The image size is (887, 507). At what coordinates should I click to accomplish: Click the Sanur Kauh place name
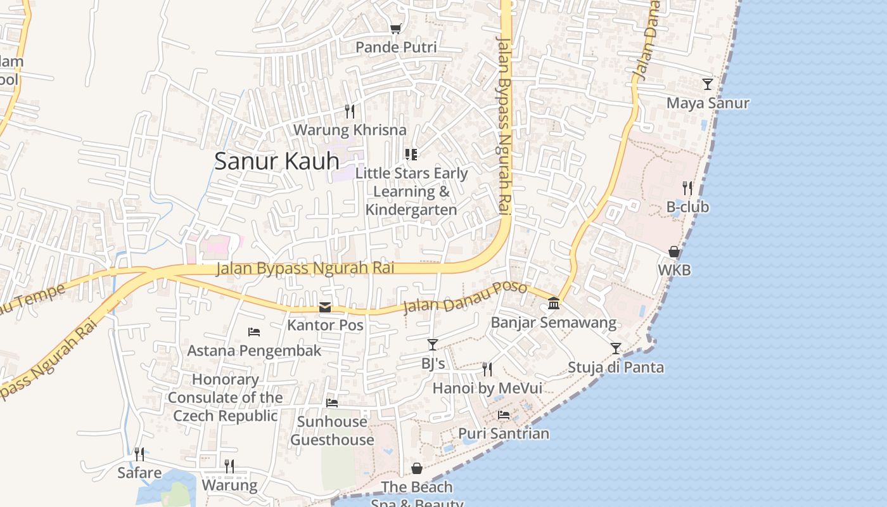coord(277,161)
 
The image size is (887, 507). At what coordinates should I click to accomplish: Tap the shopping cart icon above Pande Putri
coord(396,29)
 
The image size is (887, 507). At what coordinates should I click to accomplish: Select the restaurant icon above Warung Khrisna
coord(350,112)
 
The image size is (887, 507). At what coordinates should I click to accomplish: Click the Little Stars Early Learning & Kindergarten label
coord(411,191)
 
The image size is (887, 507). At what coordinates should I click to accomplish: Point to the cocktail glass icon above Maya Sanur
coord(708,84)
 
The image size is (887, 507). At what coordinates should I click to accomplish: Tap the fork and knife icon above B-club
coord(687,188)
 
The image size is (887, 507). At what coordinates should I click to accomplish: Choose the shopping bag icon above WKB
coord(674,252)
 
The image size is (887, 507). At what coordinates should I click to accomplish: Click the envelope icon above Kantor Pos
coord(325,307)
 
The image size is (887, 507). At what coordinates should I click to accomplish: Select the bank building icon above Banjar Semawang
coord(554,304)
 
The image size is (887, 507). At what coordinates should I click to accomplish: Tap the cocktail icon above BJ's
coord(433,345)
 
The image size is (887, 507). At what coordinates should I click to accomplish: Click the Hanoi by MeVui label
coord(487,388)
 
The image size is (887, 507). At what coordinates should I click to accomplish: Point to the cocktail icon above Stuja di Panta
coord(616,349)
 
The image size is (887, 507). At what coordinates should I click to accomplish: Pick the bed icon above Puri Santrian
coord(504,415)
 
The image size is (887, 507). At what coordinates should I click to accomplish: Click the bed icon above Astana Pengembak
coord(254,332)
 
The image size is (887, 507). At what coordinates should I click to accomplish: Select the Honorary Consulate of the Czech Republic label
coord(225,397)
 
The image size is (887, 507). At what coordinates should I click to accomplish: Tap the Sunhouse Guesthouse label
coord(332,430)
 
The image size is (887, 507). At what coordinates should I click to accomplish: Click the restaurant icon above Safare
coord(139,454)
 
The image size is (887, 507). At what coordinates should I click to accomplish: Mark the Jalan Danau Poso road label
coord(465,298)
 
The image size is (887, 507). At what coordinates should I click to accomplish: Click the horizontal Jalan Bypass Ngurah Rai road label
coord(305,268)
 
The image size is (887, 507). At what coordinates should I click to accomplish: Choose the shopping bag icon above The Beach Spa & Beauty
coord(417,469)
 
